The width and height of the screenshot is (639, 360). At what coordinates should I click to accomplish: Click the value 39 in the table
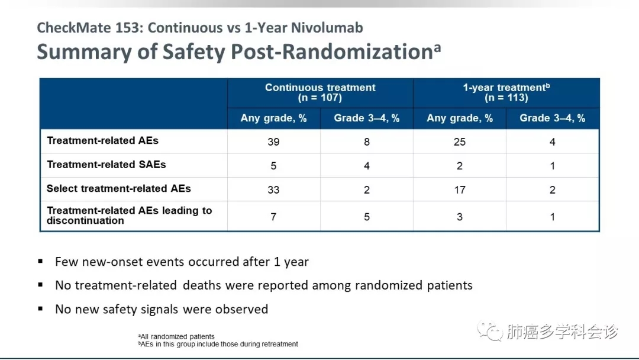click(x=273, y=142)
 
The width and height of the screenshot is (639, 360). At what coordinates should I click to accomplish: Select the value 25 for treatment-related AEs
click(x=460, y=142)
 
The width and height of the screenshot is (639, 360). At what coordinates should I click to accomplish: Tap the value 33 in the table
click(x=273, y=190)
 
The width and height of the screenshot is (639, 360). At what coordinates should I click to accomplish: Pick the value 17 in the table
click(x=460, y=190)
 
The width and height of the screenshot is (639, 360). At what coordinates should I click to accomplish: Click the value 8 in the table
click(x=367, y=142)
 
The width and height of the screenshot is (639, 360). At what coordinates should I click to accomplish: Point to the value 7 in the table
click(x=273, y=217)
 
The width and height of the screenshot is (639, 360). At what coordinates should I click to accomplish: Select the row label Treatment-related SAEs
click(x=106, y=164)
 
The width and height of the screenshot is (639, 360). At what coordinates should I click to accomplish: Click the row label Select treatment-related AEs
click(x=118, y=188)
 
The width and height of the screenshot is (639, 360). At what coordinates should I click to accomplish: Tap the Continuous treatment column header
click(x=320, y=88)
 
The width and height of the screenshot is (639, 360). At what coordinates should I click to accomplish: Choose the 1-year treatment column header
click(x=506, y=88)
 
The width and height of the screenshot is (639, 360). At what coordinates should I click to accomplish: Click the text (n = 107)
click(x=320, y=98)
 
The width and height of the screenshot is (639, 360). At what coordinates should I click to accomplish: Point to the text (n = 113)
click(x=506, y=98)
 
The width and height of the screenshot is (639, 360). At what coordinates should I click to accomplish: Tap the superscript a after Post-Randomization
click(x=437, y=48)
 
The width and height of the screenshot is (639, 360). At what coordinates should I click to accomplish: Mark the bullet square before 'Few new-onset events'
click(x=40, y=261)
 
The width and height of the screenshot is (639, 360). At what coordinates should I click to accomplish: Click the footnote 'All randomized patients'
click(x=176, y=337)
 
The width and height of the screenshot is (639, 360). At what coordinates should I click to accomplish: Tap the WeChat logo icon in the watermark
click(x=490, y=330)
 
